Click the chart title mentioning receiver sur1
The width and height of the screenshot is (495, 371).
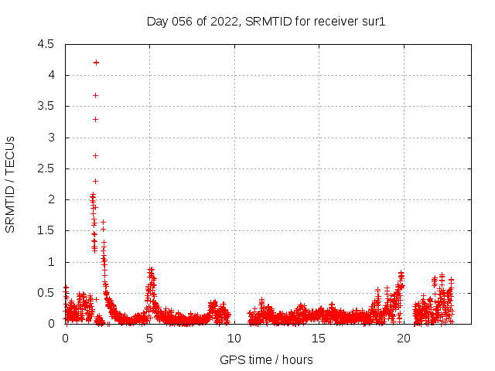pos(266,21)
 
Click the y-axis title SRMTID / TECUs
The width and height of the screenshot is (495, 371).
pos(10,184)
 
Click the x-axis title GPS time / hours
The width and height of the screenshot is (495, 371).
pos(266,359)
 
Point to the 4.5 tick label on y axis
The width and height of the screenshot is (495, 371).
pos(46,44)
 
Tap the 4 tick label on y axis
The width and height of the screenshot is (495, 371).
pos(50,75)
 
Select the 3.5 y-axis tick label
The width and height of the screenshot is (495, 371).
pos(46,106)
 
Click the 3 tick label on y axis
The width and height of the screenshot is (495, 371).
pos(50,138)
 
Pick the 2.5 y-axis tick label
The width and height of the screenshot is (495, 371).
pos(46,168)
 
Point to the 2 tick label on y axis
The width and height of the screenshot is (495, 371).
pos(50,199)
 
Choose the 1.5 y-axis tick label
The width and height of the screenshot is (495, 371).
pos(46,230)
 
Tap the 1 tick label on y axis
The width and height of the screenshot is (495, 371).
pos(50,262)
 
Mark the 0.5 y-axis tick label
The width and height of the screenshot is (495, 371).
pos(46,293)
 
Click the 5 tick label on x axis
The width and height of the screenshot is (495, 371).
pos(149,338)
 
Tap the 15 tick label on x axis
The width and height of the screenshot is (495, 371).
pos(318,338)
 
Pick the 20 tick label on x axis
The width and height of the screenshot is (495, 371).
pos(402,338)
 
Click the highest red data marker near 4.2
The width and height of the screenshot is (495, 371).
pos(96,63)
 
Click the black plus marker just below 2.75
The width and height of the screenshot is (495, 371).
pos(95,155)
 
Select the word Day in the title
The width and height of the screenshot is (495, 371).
pos(157,21)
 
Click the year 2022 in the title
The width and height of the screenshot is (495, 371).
pos(224,21)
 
